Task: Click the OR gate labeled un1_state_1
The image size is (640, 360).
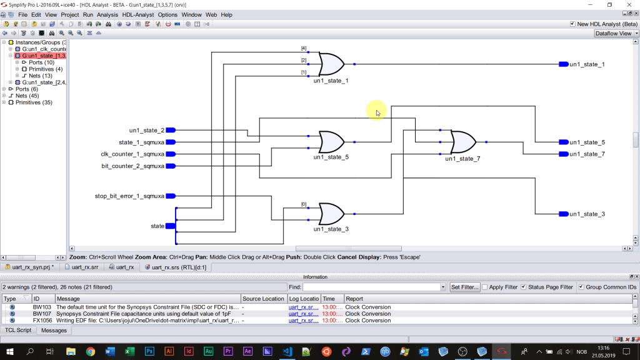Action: (331, 64)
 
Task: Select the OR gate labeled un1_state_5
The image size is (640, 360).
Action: (331, 142)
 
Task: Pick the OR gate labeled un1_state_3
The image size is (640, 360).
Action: (331, 214)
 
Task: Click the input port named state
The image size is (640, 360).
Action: (170, 226)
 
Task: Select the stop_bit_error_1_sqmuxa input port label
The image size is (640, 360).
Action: (129, 196)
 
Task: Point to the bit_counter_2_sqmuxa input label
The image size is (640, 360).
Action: (132, 166)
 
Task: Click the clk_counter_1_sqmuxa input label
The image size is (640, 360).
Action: (132, 154)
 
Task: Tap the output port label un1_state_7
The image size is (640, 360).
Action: (587, 154)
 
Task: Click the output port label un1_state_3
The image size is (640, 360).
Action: (587, 214)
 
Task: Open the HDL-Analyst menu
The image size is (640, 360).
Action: (137, 14)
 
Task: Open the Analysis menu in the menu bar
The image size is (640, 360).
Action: (107, 14)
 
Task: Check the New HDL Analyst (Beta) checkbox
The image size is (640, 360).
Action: (573, 24)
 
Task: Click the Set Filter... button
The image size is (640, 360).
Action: (465, 287)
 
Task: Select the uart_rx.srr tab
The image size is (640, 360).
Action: (85, 267)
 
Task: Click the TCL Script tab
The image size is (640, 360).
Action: (18, 330)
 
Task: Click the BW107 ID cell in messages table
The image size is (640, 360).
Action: (42, 314)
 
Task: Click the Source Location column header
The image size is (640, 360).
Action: (263, 299)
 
